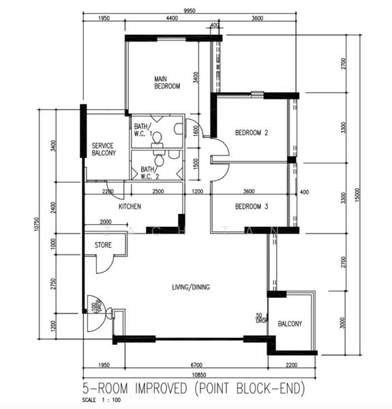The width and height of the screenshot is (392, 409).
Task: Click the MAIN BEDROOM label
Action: click(166, 82)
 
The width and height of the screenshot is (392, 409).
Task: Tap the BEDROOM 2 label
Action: click(252, 132)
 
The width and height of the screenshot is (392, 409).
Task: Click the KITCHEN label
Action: click(130, 206)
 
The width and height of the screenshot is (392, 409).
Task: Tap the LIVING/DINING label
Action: click(191, 287)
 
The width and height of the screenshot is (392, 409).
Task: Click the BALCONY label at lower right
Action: click(290, 324)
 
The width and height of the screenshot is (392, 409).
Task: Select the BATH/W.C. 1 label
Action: click(142, 130)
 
